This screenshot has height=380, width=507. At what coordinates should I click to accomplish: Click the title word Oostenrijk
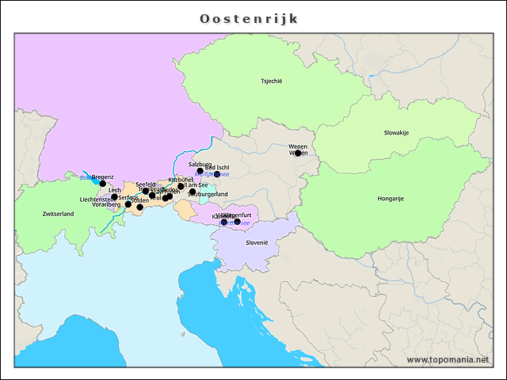(249, 18)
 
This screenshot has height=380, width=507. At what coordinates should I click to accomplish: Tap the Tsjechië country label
(272, 81)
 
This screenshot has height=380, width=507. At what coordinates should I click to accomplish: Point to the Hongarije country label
(391, 198)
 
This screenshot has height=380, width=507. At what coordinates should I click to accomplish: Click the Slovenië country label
(257, 242)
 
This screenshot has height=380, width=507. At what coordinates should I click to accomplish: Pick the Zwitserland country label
(58, 214)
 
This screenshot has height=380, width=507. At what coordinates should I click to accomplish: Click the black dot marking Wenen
(298, 154)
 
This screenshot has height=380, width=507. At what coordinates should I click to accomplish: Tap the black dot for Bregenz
(102, 184)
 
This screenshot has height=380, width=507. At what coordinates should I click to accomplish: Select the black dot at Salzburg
(200, 171)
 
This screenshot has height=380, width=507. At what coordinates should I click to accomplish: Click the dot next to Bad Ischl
(217, 174)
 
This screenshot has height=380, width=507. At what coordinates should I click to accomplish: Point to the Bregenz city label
(103, 177)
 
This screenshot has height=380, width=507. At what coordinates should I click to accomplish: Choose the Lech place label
(115, 190)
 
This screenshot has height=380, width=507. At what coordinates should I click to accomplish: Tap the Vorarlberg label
(105, 204)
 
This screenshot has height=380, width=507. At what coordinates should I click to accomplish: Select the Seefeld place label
(146, 184)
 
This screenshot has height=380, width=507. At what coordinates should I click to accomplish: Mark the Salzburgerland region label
(208, 194)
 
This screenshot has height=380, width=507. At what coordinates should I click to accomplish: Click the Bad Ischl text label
(217, 168)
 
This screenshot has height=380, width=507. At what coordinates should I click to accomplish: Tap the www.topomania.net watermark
(448, 359)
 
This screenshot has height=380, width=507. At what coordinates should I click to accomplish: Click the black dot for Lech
(114, 197)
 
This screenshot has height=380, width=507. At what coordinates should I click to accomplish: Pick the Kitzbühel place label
(181, 180)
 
